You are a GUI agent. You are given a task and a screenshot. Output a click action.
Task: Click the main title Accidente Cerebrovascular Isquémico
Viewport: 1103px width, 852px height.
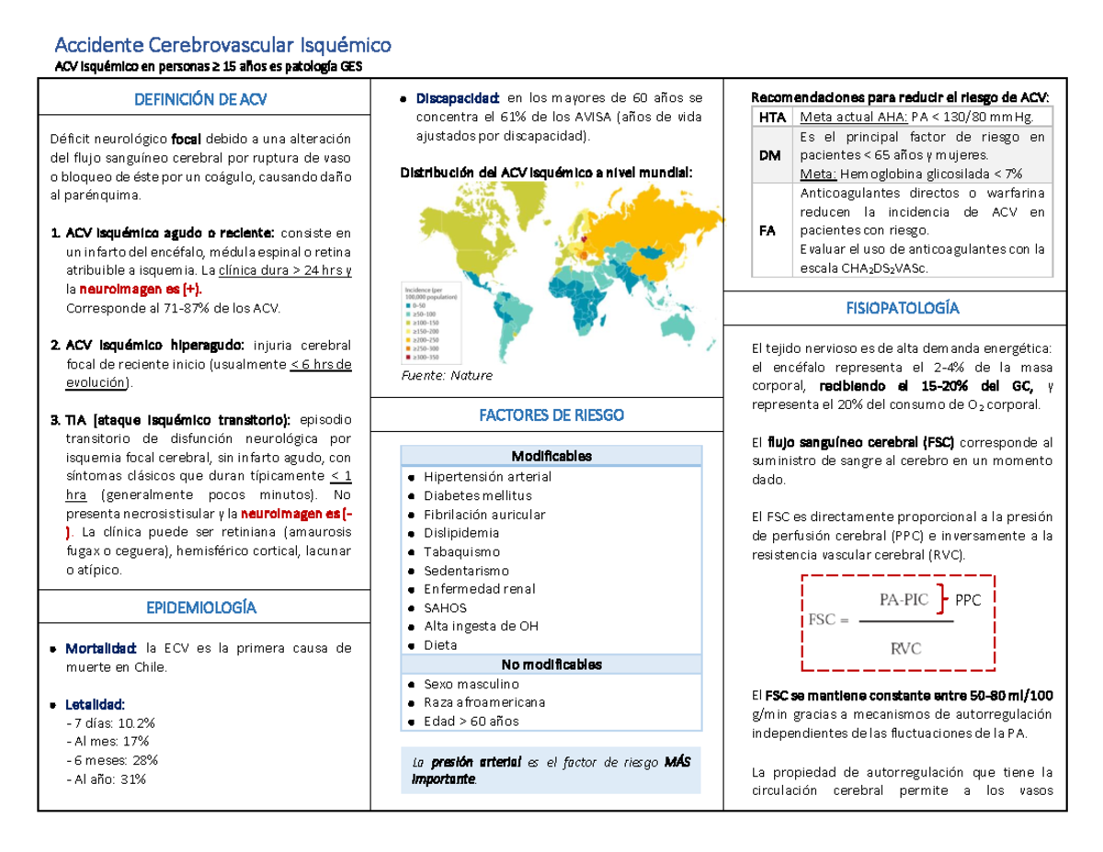(223, 43)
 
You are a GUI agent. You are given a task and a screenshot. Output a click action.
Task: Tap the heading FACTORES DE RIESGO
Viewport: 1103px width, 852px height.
(551, 415)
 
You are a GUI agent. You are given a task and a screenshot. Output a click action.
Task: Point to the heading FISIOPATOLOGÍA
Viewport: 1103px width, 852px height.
(903, 308)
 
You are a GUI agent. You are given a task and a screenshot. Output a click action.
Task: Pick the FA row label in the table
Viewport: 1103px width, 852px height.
(767, 231)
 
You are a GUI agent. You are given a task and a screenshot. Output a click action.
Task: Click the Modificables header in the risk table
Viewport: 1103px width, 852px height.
(551, 456)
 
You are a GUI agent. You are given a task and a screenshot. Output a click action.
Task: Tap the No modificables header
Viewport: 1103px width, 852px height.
(551, 664)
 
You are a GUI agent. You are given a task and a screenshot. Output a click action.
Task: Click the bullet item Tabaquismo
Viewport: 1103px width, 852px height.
(461, 551)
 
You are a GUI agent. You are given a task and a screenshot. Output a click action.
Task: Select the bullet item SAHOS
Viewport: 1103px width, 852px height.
(445, 608)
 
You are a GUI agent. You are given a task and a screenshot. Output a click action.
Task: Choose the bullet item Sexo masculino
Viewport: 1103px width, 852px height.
(471, 684)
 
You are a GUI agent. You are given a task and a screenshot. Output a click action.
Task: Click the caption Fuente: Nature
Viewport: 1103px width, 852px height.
(449, 376)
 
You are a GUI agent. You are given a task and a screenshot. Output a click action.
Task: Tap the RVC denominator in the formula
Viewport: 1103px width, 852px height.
(904, 648)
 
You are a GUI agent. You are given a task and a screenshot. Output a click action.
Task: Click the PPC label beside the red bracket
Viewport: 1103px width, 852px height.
(969, 600)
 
